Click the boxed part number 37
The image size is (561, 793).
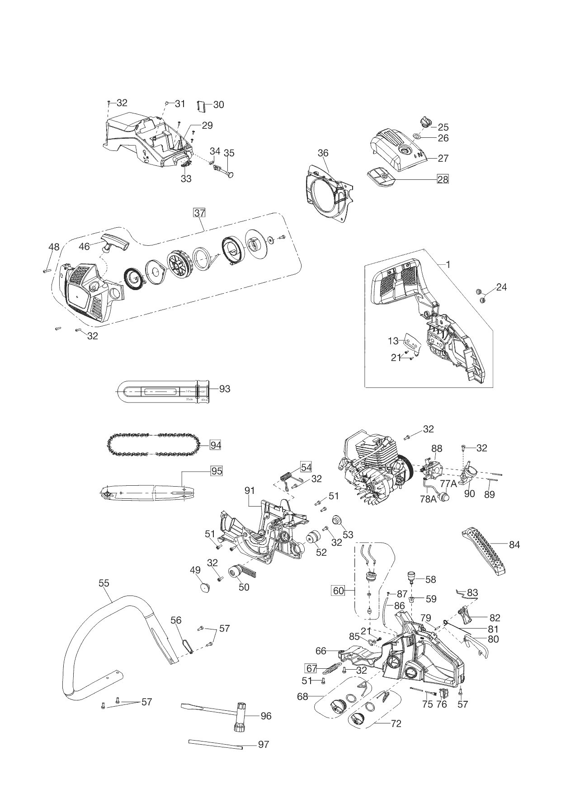pos(199,212)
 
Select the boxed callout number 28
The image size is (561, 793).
pos(443,179)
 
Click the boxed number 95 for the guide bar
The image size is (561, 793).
pos(216,471)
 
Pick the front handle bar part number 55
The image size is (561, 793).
pos(104,583)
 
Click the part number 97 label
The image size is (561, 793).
pos(263,744)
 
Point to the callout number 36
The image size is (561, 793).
pos(323,153)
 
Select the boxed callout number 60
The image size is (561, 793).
pos(339,591)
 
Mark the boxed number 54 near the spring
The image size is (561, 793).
pos(306,467)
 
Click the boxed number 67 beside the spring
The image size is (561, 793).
pos(311,668)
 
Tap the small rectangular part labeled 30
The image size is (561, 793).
pos(202,106)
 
